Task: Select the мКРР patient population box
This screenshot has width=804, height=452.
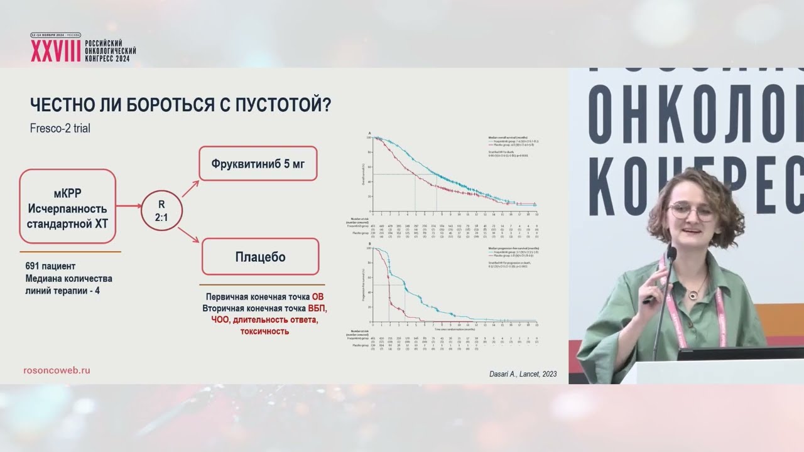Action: point(68,207)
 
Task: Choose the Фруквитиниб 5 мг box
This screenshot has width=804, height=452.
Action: point(258,163)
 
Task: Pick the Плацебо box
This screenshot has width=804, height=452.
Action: point(260,257)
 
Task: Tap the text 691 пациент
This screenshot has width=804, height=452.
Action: point(51,266)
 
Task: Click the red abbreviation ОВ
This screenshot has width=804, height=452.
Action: point(318,298)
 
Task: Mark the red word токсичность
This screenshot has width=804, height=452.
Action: point(264,331)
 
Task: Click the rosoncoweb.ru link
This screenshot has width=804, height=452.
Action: point(57,370)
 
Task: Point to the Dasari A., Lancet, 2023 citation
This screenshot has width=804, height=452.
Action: point(523,375)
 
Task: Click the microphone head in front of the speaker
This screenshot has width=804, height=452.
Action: point(671,254)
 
